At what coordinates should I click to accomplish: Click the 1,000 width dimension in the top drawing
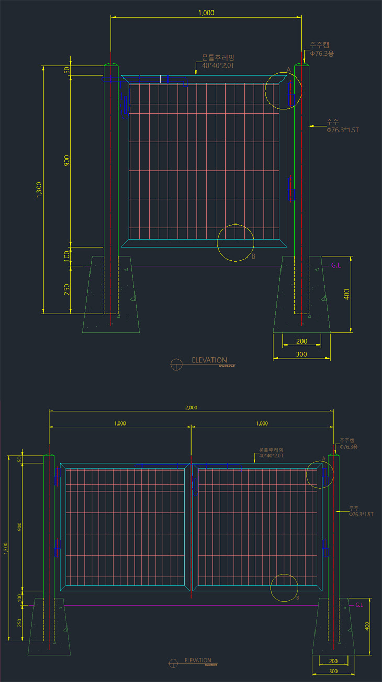pos(206,13)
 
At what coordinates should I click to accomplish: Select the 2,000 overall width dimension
pos(192,407)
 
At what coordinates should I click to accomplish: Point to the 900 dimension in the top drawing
pos(66,161)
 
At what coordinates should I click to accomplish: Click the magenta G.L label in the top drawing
pos(336,265)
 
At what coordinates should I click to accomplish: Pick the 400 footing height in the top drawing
pos(346,294)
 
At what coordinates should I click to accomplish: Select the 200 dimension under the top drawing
pos(301,341)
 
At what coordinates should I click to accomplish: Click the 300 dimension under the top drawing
pos(301,354)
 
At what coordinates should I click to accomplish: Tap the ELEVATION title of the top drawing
pos(209,360)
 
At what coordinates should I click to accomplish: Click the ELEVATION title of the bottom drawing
pos(198,661)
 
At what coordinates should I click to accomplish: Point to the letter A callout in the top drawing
pos(288,70)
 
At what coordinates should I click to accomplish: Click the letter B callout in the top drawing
pos(254,256)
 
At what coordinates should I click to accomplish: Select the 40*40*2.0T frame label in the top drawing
pos(218,65)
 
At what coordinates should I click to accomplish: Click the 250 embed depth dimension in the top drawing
pos(66,289)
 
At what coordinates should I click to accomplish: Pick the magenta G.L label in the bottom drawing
pos(359,605)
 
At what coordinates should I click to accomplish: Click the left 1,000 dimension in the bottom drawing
pos(120,423)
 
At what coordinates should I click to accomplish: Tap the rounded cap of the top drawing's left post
pos(111,66)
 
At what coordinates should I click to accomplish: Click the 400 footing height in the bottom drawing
pos(367,625)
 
